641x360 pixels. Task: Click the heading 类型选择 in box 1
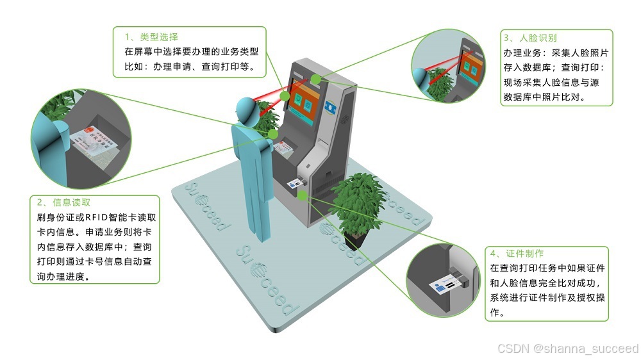coord(151,37)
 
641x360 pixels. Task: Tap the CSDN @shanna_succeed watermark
coord(569,348)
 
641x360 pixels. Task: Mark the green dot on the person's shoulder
coord(274,134)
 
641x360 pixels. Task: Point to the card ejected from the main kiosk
coord(297,183)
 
